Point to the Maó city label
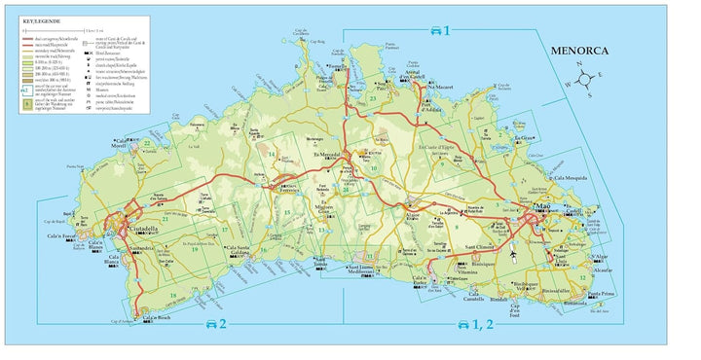pos(538,208)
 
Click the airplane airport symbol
pos(514,255)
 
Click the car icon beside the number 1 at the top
pos(432,30)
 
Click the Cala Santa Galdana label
pos(239,250)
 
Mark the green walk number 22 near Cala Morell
pos(146,144)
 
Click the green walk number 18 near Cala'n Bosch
pos(173,296)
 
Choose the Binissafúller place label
pos(557,289)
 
